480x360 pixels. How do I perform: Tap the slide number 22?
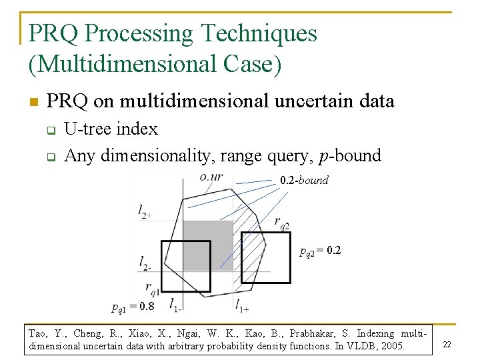point(447,344)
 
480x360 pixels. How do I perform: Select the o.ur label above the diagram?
point(211,177)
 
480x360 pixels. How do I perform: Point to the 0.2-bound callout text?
point(304,181)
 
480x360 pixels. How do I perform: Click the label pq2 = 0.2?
point(321,252)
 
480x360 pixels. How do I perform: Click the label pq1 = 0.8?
point(133,307)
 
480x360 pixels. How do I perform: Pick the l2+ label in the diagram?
point(145,211)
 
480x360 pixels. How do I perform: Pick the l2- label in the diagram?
point(145,263)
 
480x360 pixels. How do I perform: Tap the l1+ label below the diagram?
point(241,305)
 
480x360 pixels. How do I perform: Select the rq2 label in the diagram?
point(281,223)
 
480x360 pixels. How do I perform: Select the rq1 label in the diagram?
point(152,288)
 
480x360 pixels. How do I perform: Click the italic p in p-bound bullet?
point(324,156)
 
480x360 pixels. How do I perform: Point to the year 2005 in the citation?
point(392,346)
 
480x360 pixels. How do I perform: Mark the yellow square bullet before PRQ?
point(33,102)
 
